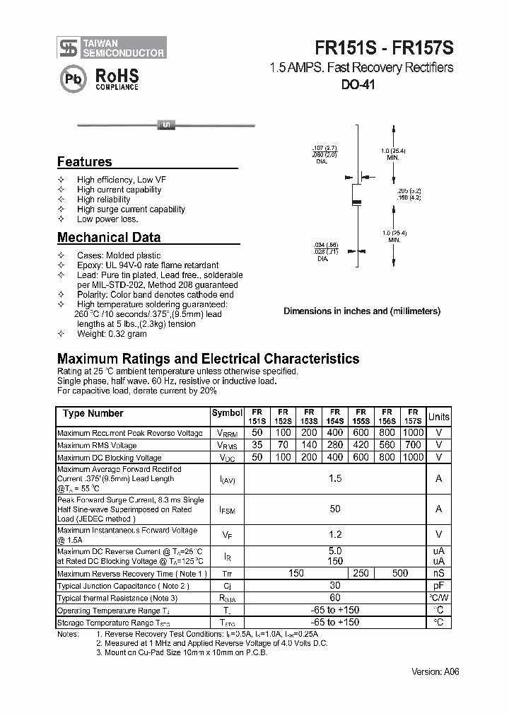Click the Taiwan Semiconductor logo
tap(112, 47)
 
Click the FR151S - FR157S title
tap(384, 47)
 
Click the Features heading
tap(84, 161)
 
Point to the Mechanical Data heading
tap(108, 238)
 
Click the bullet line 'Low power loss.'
tap(107, 219)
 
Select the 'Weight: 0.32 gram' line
tap(112, 334)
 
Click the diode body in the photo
tap(167, 125)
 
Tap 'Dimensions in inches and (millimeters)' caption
tap(361, 311)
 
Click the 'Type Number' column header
tap(93, 414)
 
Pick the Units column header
tap(438, 417)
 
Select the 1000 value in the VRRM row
tap(413, 432)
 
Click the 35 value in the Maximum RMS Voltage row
tap(257, 445)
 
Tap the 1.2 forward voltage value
tap(335, 535)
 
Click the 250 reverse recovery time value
tap(361, 573)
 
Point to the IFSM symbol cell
tap(226, 509)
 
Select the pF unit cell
tap(438, 586)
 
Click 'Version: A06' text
tap(435, 672)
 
